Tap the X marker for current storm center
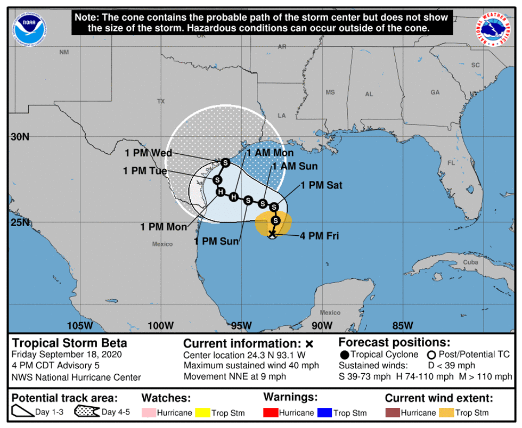pyautogui.click(x=272, y=233)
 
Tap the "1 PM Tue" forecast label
pyautogui.click(x=145, y=171)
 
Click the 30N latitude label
pyautogui.click(x=20, y=137)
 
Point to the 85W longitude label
pyautogui.click(x=402, y=325)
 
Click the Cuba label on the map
pyautogui.click(x=470, y=262)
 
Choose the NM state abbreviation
pyautogui.click(x=64, y=52)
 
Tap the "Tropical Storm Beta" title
pyautogui.click(x=62, y=343)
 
